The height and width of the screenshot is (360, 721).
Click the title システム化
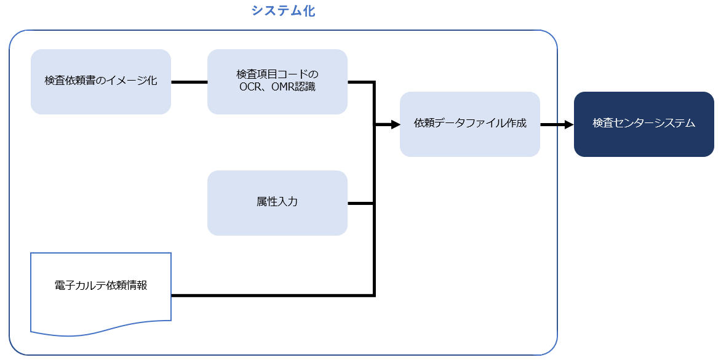click(283, 10)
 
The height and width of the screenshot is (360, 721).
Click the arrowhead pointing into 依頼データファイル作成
click(394, 124)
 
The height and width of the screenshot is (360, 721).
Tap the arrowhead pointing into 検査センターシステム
click(568, 124)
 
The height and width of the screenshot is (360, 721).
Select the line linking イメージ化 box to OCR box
click(189, 82)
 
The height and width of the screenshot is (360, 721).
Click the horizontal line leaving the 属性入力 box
click(360, 203)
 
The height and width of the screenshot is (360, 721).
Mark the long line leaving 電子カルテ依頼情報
click(271, 295)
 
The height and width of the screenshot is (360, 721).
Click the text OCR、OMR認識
click(277, 87)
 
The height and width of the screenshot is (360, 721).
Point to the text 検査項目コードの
click(277, 74)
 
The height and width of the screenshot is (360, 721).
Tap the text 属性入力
click(277, 201)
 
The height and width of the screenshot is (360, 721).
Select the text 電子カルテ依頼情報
click(101, 286)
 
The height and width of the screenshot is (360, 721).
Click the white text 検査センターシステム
click(643, 123)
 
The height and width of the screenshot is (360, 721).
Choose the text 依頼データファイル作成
click(470, 123)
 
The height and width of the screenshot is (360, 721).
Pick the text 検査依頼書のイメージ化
click(101, 81)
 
